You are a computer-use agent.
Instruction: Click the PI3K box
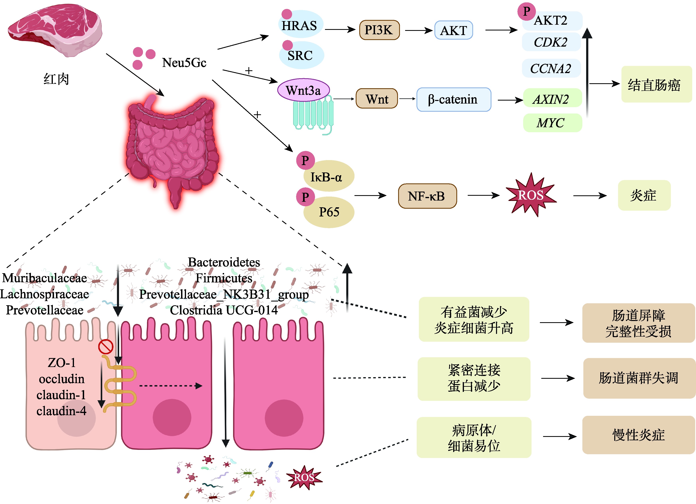pos(379,30)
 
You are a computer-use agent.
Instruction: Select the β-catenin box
pos(453,100)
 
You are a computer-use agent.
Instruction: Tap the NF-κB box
pos(427,196)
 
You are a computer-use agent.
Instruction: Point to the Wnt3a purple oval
pos(303,90)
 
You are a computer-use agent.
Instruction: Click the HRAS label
pos(299,26)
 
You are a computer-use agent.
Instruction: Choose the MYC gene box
pos(552,123)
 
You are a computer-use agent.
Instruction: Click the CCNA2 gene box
pos(551,68)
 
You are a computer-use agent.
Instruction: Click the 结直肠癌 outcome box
pos(656,84)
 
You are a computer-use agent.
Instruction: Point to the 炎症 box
pos(644,195)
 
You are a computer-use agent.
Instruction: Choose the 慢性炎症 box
pos(638,435)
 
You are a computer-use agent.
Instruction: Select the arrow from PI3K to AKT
pos(419,30)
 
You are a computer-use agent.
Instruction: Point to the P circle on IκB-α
pos(305,160)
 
